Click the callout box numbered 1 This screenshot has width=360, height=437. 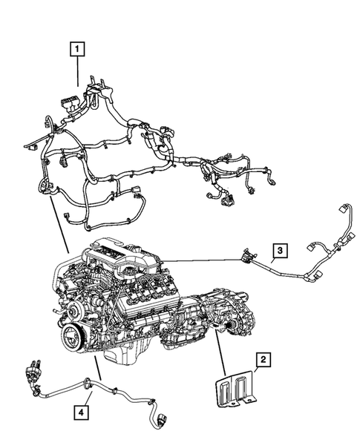pyautogui.click(x=76, y=50)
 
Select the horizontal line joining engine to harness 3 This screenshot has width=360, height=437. pyautogui.click(x=200, y=259)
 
